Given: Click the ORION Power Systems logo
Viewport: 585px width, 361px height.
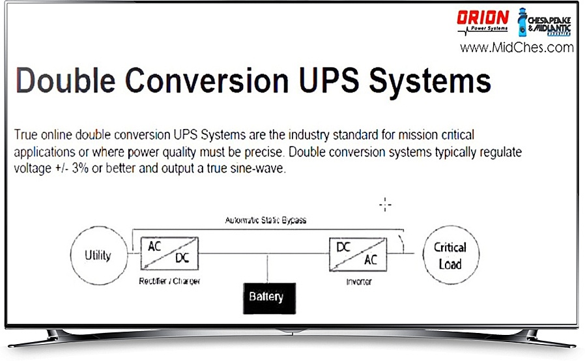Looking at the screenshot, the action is click(x=483, y=22).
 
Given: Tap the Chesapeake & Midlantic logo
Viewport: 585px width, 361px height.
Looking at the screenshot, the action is click(x=544, y=22).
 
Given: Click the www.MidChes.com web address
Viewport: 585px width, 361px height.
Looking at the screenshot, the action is click(x=517, y=48).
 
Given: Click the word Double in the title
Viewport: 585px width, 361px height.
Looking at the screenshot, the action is click(x=66, y=80).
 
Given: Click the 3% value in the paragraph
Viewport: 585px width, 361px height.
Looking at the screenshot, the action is click(x=80, y=168).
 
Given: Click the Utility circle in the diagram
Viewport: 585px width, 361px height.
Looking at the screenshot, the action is click(x=99, y=255).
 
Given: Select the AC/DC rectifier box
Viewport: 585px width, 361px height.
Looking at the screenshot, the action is click(x=169, y=253).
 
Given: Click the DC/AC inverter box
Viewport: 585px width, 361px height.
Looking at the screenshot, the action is click(x=358, y=255).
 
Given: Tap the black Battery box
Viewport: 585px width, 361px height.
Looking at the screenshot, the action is click(x=269, y=298).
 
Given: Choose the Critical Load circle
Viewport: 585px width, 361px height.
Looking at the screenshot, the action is click(x=451, y=255).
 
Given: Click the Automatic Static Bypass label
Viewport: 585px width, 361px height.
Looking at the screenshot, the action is click(x=266, y=220).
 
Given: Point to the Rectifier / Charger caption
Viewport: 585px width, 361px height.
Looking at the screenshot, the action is click(x=169, y=281).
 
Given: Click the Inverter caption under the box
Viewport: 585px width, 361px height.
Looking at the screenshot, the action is click(x=359, y=282).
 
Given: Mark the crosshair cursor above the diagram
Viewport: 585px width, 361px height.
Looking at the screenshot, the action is click(x=385, y=205).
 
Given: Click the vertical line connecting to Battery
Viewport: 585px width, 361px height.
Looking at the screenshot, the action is click(x=268, y=268).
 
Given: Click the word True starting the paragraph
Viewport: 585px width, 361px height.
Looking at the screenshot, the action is click(x=26, y=135).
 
